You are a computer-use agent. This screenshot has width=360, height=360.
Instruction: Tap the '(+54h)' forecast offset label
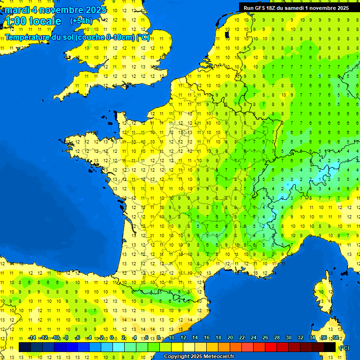(81, 21)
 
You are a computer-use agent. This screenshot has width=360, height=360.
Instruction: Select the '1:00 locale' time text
(32, 21)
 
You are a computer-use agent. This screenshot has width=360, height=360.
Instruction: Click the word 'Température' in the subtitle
(27, 37)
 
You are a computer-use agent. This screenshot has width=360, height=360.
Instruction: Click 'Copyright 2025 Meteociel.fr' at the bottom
(199, 356)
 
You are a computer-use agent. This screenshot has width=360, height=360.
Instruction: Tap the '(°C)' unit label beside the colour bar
(344, 348)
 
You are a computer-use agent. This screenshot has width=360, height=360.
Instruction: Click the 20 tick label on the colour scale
(230, 338)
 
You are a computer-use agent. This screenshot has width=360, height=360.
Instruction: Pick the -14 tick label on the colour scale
(32, 338)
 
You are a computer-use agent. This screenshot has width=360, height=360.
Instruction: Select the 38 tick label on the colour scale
(335, 338)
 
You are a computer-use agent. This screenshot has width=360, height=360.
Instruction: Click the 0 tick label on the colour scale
(112, 338)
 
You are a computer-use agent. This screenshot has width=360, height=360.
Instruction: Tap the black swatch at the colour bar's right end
(330, 347)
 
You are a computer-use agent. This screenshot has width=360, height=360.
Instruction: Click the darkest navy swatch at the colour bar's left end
(25, 347)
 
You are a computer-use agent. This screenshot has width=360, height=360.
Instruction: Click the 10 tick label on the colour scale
(171, 338)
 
